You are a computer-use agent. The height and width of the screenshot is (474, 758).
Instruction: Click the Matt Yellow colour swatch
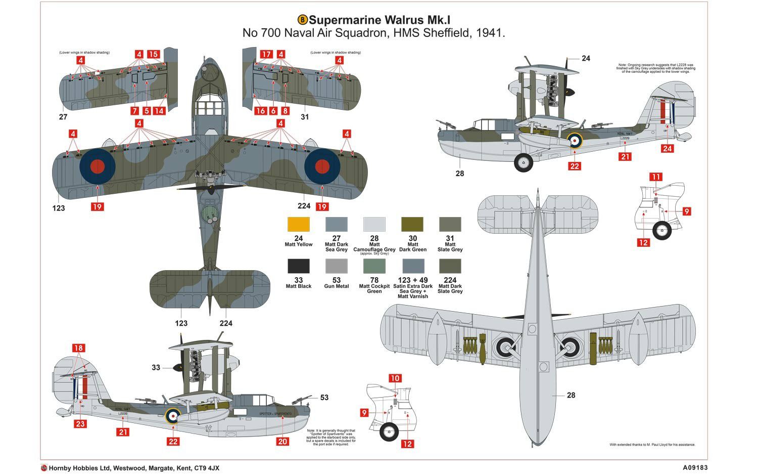(x=298, y=225)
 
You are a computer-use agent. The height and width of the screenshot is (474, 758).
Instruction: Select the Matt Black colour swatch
(x=298, y=266)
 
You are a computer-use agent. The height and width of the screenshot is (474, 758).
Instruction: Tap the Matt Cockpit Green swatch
(x=374, y=266)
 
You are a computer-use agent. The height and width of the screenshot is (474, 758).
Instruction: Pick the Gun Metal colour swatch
(x=336, y=266)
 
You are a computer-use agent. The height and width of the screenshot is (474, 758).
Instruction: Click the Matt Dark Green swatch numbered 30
(x=412, y=225)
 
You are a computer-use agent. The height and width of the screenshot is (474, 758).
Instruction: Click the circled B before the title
(x=302, y=20)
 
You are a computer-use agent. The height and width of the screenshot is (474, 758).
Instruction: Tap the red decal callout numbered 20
(x=282, y=441)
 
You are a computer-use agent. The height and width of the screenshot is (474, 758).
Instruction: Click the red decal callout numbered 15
(x=153, y=54)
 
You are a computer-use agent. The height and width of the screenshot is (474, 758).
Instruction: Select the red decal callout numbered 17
(x=266, y=54)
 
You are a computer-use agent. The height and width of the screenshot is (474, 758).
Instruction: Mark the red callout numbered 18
(x=78, y=348)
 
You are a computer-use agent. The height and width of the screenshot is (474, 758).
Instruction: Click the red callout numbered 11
(x=655, y=177)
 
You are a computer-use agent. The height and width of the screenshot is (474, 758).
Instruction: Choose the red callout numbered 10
(x=395, y=378)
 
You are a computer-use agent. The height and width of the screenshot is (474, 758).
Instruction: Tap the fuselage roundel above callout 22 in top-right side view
(x=574, y=141)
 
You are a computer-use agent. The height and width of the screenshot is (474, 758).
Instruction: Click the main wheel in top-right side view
(x=523, y=162)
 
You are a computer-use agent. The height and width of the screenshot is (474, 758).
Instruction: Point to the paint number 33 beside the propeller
(x=156, y=368)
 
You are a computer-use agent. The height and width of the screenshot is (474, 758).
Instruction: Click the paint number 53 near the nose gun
(x=324, y=398)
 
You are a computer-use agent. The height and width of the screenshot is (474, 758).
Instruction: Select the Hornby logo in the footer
(x=44, y=468)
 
